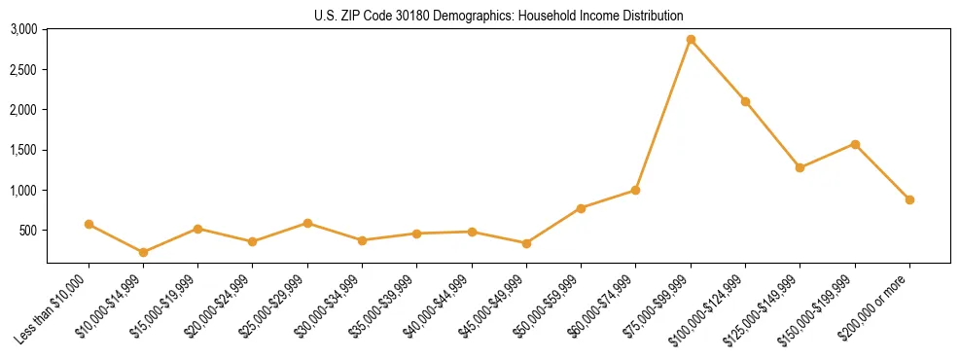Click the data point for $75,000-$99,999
coord(691,40)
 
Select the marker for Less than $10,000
coord(89,224)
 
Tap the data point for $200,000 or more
coord(909,199)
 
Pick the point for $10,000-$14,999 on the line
coord(143,252)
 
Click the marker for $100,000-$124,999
coord(745,101)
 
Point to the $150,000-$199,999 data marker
coord(855,144)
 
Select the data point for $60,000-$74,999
coord(635,190)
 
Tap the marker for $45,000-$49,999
coord(526,243)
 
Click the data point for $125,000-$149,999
coord(800,167)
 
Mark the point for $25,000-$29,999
coord(307,223)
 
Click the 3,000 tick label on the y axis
coord(23,30)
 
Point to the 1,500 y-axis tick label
coord(23,151)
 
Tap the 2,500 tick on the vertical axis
coord(23,70)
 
